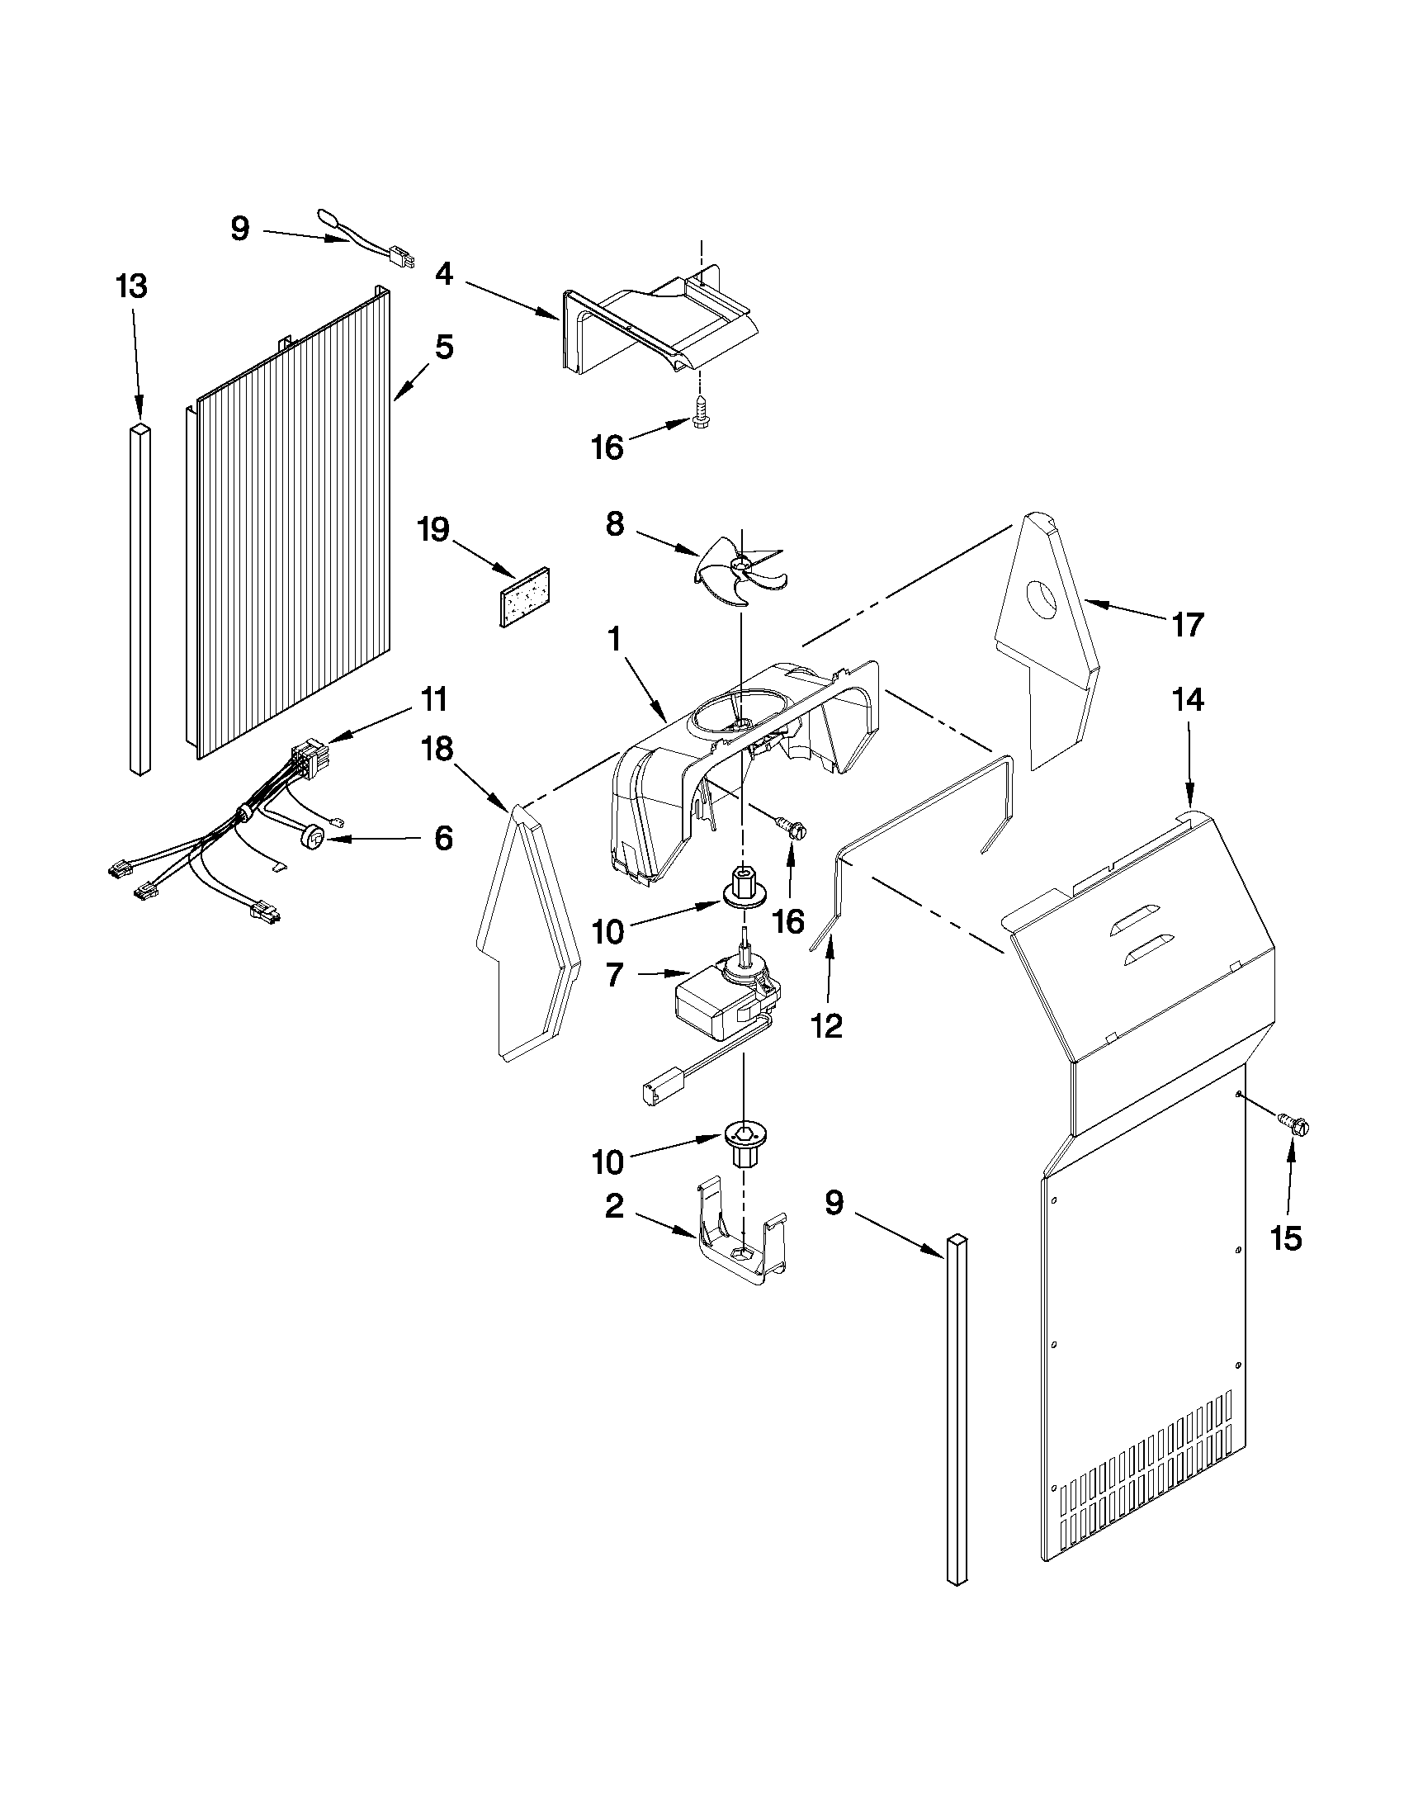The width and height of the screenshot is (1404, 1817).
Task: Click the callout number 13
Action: (x=131, y=286)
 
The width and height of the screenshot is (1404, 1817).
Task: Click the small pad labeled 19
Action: (x=527, y=598)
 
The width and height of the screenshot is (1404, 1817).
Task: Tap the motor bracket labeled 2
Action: (x=743, y=1250)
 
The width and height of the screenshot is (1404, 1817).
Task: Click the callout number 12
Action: (x=827, y=1027)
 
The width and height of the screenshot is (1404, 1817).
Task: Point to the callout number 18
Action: (x=437, y=750)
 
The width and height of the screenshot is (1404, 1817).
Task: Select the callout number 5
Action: (x=444, y=347)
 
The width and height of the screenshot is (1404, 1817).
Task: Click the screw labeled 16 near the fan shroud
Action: (x=792, y=828)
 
